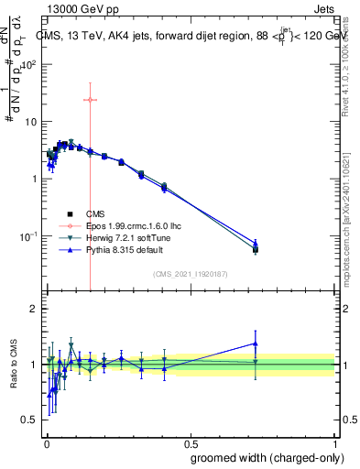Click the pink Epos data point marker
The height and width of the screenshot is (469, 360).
(90, 100)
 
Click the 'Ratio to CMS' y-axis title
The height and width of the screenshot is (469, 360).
(15, 365)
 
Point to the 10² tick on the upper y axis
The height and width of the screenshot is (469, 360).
(30, 64)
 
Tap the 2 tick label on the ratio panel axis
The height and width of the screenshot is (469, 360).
(33, 309)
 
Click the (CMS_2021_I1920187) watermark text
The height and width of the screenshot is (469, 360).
(190, 274)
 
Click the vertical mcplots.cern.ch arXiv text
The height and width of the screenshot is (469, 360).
(345, 211)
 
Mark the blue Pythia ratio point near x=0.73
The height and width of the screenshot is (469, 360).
(256, 344)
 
